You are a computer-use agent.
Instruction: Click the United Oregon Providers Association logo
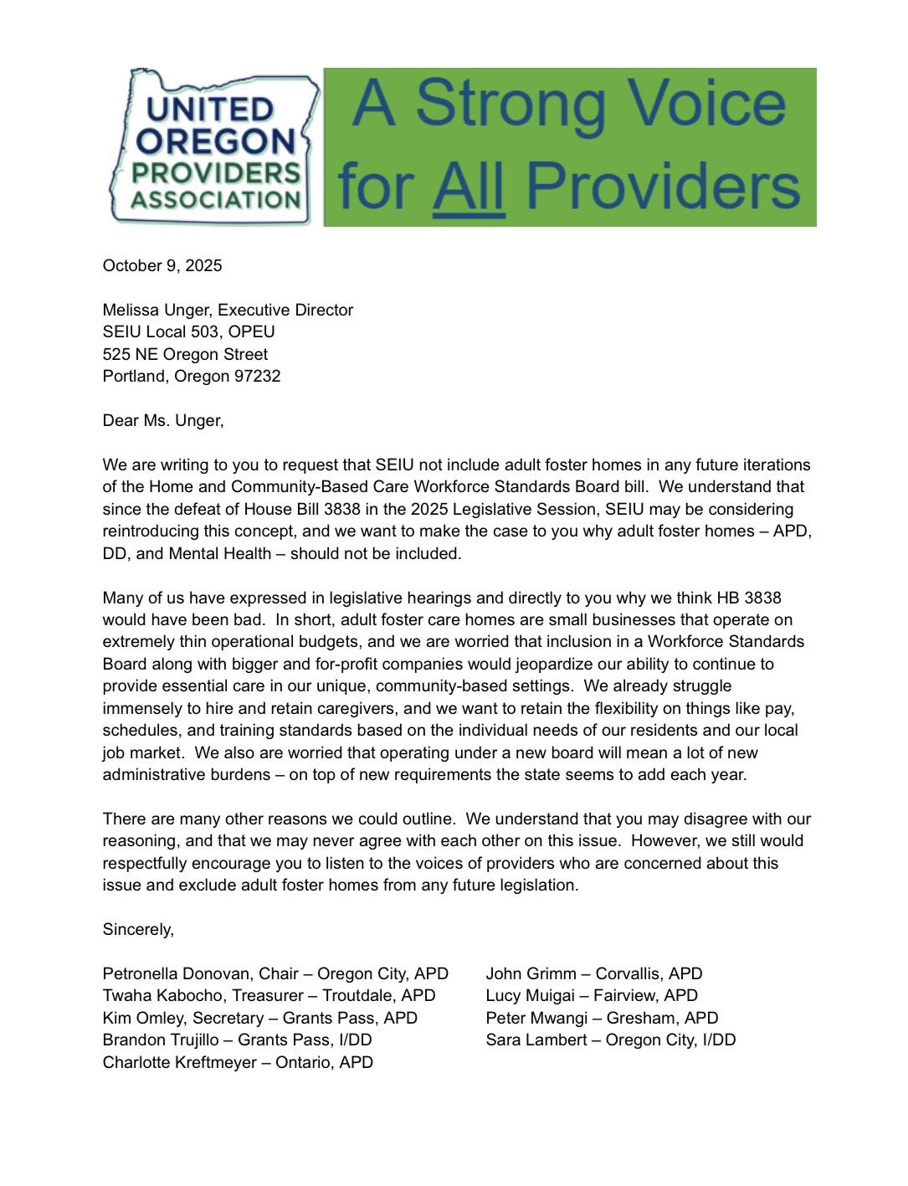click(213, 148)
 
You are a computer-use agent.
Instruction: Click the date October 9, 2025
click(162, 266)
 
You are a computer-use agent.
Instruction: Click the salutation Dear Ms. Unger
click(163, 421)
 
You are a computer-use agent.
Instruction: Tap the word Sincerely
click(138, 930)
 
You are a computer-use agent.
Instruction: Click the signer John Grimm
click(531, 974)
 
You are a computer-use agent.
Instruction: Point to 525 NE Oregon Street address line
click(185, 355)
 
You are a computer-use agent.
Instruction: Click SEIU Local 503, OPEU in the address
click(188, 332)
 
